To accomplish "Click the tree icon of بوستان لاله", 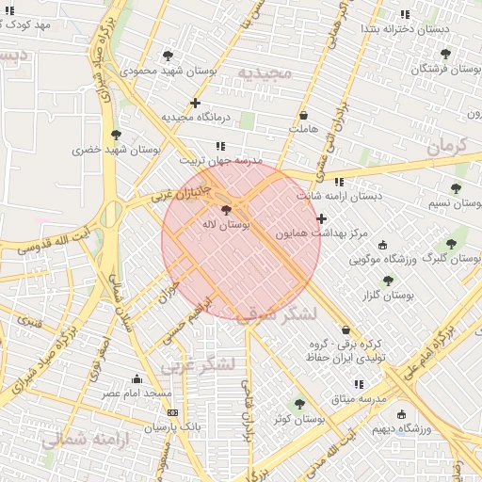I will tap(225, 210).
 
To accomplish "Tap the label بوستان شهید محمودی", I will tap(171, 71).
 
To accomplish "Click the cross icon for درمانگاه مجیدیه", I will tap(195, 103).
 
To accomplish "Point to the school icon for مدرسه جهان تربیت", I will tap(220, 146).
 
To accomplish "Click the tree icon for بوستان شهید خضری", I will tap(116, 135).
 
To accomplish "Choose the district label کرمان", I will tap(446, 146).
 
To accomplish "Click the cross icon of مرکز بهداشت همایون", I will tap(322, 218).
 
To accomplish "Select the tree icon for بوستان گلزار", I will tap(387, 281).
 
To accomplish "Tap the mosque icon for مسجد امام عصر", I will tap(137, 378).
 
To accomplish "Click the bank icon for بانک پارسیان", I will tap(171, 412).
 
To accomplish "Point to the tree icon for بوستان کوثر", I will tap(299, 403).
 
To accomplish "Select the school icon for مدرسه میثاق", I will tap(358, 384).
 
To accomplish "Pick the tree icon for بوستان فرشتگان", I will tap(445, 54).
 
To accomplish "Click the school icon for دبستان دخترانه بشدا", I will tap(405, 14).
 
